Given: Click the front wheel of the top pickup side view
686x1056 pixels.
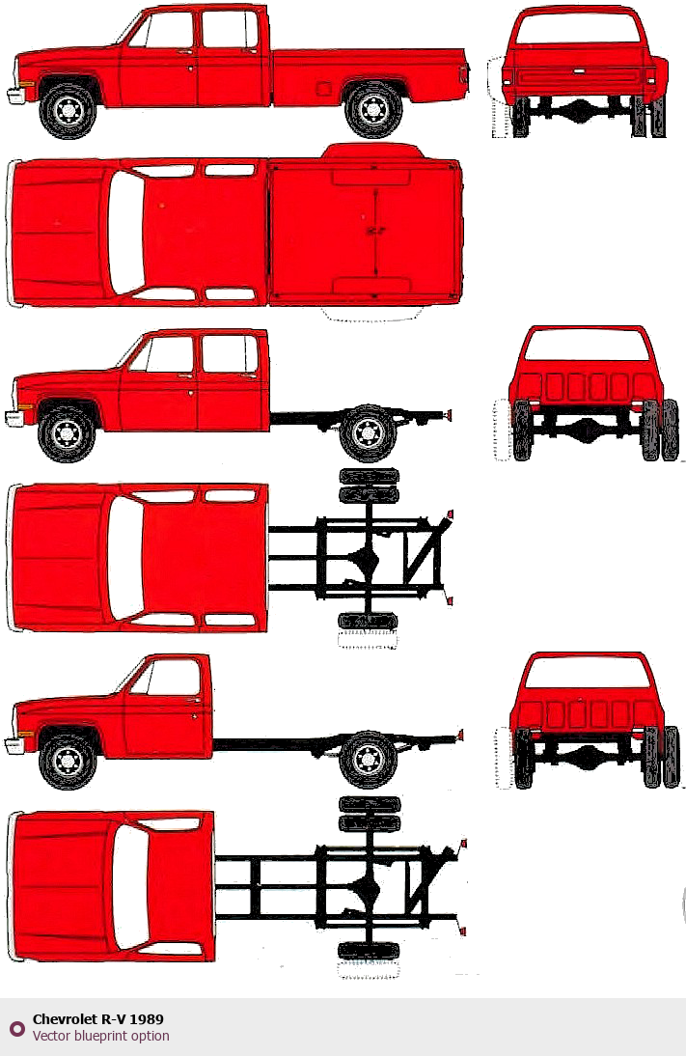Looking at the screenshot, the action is point(68,110).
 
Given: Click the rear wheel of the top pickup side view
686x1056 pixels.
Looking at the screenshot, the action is point(373,110).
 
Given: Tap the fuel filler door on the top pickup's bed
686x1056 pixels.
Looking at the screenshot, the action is point(322,88).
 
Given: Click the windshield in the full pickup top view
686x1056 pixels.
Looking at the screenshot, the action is point(125,232).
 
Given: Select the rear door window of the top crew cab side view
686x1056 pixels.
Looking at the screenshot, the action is point(230,30).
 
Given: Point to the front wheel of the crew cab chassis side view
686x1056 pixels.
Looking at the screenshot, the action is point(66,432).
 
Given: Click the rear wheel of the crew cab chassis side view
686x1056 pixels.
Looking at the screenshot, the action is point(368,433).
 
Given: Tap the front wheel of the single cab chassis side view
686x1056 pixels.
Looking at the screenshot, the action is point(68,761).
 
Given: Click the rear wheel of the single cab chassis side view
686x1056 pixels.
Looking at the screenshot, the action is point(368,759).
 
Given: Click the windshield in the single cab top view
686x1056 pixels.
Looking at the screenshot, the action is point(130,886).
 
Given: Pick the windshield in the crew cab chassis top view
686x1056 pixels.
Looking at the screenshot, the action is point(125,558).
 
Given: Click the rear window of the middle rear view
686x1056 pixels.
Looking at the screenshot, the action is point(587,345).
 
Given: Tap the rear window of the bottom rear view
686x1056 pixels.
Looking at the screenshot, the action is point(587,672).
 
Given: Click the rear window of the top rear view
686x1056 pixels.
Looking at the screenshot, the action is point(576,28).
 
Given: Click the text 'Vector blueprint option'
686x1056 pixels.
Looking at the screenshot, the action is point(101,1036).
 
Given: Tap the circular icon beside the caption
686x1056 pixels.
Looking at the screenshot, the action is point(16,1028).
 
